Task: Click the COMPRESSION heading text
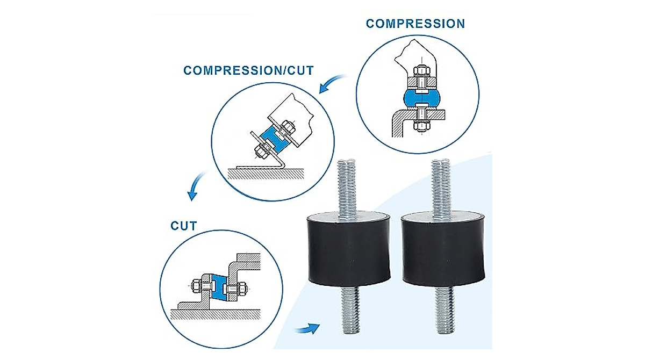[415, 24]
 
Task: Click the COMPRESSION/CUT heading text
[248, 70]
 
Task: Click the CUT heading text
[184, 226]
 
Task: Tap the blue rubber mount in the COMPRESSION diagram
[421, 98]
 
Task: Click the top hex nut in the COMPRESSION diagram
[422, 71]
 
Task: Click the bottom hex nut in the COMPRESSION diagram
[422, 127]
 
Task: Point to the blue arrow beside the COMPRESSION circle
[333, 83]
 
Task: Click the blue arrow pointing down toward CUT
[196, 186]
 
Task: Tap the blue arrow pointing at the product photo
[307, 328]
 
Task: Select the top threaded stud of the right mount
[441, 189]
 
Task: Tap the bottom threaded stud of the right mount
[445, 311]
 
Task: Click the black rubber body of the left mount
[349, 250]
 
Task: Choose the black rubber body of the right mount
[442, 250]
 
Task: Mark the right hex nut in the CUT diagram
[241, 289]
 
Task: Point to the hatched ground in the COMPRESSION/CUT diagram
[266, 175]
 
